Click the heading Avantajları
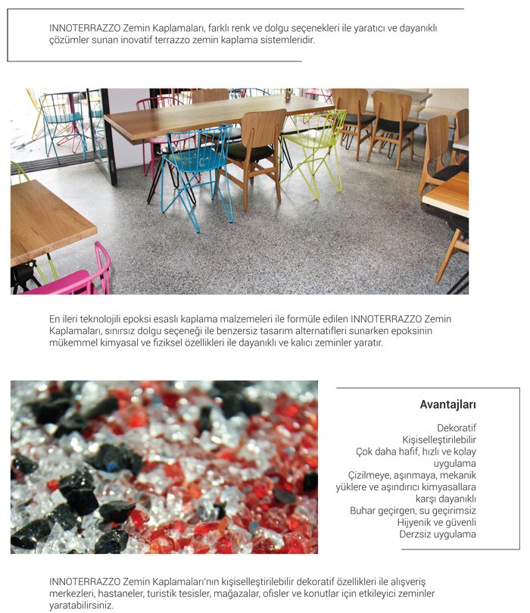coord(447,405)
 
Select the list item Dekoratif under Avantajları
coord(457,428)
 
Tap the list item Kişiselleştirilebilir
coord(439,439)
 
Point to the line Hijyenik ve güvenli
coord(437,523)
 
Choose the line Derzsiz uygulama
coord(438,534)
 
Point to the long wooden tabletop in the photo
coord(220,114)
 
